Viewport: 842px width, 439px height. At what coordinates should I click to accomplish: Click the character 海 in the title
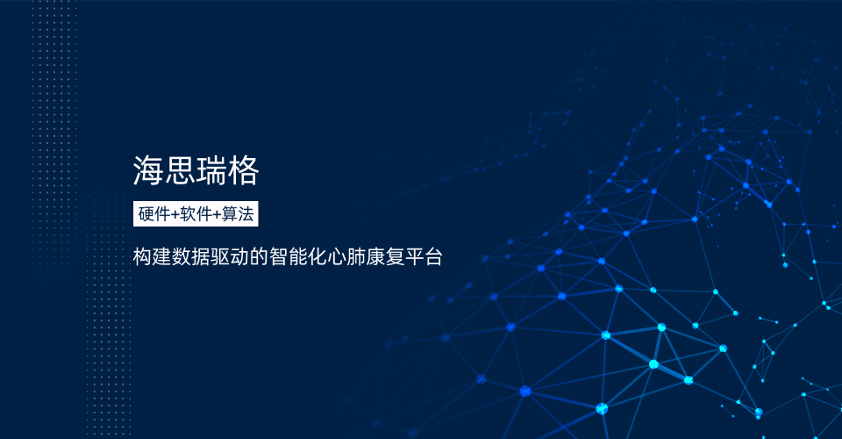click(148, 171)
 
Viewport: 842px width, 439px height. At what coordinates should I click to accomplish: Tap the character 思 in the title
click(180, 171)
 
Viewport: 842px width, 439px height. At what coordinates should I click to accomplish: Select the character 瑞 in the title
click(211, 171)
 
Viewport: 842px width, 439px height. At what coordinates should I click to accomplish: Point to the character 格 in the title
click(243, 171)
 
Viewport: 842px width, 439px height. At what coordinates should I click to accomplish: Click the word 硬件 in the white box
click(154, 214)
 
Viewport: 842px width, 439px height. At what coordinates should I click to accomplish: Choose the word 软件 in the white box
click(196, 214)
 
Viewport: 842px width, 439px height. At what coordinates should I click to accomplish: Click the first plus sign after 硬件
click(175, 215)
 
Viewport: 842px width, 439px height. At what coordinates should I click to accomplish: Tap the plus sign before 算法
click(217, 215)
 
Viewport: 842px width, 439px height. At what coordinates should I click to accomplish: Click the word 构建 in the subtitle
click(152, 257)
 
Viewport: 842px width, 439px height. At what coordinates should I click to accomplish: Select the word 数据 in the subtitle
click(190, 257)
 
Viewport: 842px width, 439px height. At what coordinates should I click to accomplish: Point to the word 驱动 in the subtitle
click(229, 257)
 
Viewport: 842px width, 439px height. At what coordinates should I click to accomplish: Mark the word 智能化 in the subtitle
click(297, 257)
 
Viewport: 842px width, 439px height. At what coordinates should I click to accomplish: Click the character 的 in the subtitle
click(259, 257)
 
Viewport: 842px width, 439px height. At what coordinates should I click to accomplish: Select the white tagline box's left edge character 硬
click(146, 214)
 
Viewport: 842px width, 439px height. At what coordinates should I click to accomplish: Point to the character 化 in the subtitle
click(317, 257)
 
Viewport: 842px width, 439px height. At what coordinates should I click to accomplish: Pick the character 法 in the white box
click(246, 214)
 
